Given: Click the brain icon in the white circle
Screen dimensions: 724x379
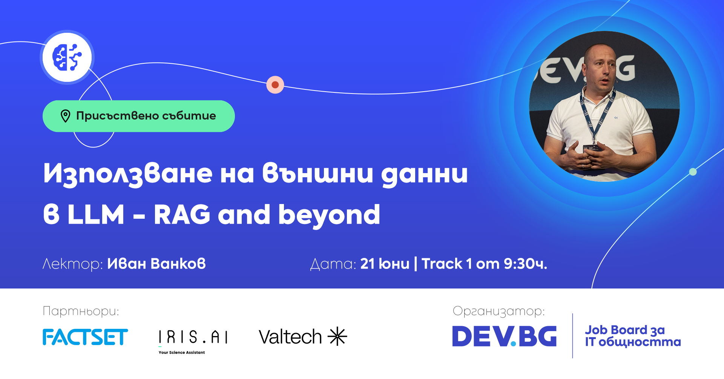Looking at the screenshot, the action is (x=67, y=57).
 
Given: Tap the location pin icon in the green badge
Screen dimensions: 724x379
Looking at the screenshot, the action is (x=66, y=116).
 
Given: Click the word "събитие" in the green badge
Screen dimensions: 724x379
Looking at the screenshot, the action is (x=189, y=116).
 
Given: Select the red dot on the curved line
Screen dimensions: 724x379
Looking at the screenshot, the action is (x=275, y=85).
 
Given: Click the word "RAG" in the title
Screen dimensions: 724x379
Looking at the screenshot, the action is (x=182, y=215).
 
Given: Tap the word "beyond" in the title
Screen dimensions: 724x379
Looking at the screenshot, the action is (x=329, y=215).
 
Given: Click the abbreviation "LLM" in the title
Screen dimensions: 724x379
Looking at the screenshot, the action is (x=96, y=215).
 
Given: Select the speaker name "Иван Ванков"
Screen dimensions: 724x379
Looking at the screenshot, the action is (x=156, y=264).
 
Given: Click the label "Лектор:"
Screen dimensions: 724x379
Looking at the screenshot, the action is (x=72, y=264).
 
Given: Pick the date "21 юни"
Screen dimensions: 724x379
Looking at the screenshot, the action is (x=385, y=264).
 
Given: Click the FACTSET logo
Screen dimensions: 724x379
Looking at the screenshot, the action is (x=85, y=337).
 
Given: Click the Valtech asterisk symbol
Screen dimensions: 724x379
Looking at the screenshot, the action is (x=337, y=336).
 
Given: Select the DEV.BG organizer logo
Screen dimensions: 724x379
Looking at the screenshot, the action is (x=504, y=336).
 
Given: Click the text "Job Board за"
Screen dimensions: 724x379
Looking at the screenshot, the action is (x=625, y=330).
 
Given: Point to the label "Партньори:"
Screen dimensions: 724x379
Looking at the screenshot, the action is (x=81, y=311).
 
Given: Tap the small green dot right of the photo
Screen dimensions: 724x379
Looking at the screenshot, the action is (x=693, y=172).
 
